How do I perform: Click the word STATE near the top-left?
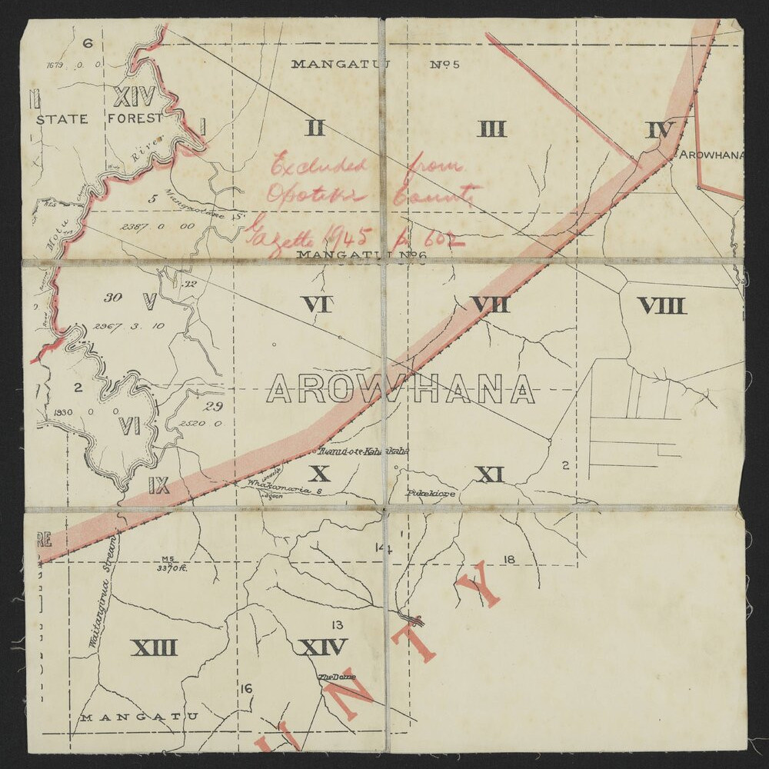tap(61, 118)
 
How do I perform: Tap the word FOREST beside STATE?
tap(135, 118)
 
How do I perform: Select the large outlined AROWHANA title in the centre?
tap(400, 390)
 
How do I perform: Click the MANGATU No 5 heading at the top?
tap(375, 64)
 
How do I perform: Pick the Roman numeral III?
tap(491, 128)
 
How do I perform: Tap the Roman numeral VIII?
tap(661, 306)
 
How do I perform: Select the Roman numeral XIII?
tap(154, 647)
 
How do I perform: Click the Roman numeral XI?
tap(489, 474)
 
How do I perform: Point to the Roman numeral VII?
tap(491, 305)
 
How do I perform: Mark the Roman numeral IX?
tap(158, 485)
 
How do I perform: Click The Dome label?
tap(337, 677)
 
